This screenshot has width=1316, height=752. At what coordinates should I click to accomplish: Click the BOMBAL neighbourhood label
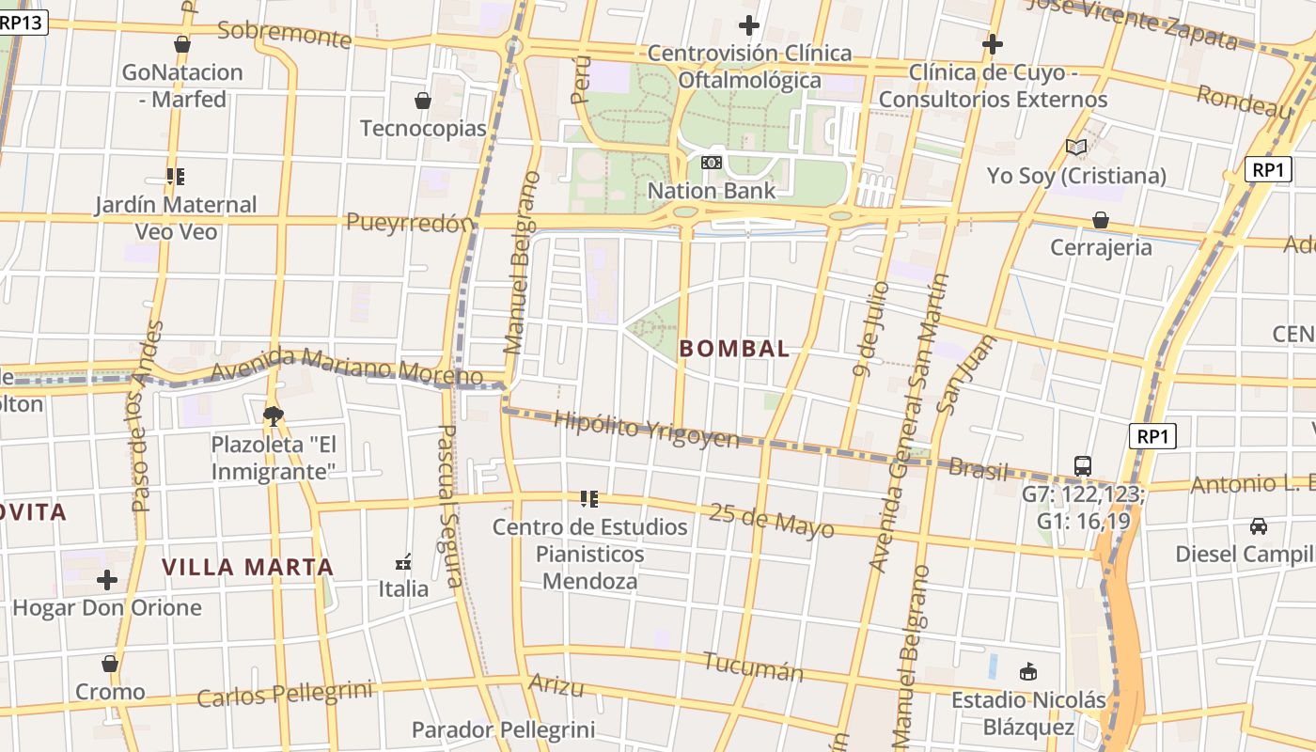point(734,349)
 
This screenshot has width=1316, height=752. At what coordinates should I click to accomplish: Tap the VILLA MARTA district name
point(248,567)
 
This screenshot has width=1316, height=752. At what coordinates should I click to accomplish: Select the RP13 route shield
point(21,22)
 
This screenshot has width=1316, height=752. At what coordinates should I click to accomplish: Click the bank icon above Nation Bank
point(712,164)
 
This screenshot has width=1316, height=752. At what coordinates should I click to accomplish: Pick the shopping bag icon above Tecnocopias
point(423,101)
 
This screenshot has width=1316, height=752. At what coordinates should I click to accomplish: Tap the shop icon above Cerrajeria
point(1100,220)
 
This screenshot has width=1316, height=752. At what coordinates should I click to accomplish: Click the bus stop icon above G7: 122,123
point(1083,465)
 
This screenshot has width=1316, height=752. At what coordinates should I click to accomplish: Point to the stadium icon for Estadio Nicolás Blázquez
point(1028,672)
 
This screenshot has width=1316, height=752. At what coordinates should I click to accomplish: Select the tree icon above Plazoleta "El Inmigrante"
point(274,415)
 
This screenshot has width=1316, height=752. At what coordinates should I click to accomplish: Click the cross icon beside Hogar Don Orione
point(107,580)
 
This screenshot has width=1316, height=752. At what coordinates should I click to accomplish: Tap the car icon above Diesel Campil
point(1259,526)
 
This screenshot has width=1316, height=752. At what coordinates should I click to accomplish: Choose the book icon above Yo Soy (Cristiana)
point(1076,148)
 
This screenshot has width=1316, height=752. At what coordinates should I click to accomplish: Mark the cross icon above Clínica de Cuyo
point(993,44)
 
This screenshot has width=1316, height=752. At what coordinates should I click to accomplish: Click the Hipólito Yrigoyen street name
point(646,429)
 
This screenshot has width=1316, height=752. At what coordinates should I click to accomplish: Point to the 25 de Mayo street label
point(771,520)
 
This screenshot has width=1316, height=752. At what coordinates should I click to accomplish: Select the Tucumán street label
point(753,666)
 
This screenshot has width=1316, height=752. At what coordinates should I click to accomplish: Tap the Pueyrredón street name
point(408,223)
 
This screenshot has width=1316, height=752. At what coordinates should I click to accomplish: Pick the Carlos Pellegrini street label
point(284,695)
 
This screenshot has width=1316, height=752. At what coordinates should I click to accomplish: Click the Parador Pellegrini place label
point(503,729)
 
